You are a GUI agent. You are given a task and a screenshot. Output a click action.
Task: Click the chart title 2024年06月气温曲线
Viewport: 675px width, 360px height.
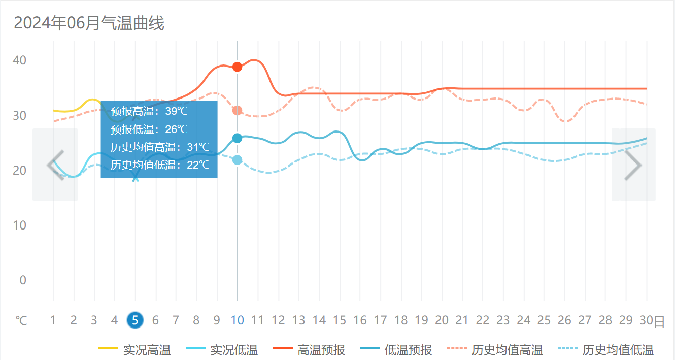[x=89, y=23]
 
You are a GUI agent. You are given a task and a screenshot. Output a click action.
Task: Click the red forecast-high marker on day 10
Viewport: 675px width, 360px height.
[x=237, y=67]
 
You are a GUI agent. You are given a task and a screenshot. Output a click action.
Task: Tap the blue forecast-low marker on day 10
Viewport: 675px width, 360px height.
[x=237, y=138]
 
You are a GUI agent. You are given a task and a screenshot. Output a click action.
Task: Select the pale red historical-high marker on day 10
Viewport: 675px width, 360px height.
[x=237, y=111]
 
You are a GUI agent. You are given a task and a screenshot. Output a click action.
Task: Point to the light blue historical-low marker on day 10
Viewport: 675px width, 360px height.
[x=237, y=160]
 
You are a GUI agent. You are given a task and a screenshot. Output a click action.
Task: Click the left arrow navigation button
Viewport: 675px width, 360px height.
[x=55, y=165]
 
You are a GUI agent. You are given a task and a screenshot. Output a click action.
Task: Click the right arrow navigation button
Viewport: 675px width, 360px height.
[x=633, y=165]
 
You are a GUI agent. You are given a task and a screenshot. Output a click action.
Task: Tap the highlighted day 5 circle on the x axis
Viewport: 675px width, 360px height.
[x=135, y=320]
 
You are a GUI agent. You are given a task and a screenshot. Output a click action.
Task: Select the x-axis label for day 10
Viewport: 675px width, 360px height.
[x=237, y=320]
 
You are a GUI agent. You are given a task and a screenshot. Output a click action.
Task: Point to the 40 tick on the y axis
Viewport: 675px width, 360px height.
[x=20, y=60]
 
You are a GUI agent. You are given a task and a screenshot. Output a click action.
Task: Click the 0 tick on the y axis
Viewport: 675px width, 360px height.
[x=23, y=280]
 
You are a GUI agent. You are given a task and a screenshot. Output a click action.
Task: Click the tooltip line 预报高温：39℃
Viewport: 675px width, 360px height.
[x=149, y=112]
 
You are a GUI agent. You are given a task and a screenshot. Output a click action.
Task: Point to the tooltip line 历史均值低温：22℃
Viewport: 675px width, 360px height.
[x=160, y=165]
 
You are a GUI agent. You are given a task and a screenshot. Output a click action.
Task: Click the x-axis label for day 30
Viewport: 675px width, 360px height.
[x=646, y=320]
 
